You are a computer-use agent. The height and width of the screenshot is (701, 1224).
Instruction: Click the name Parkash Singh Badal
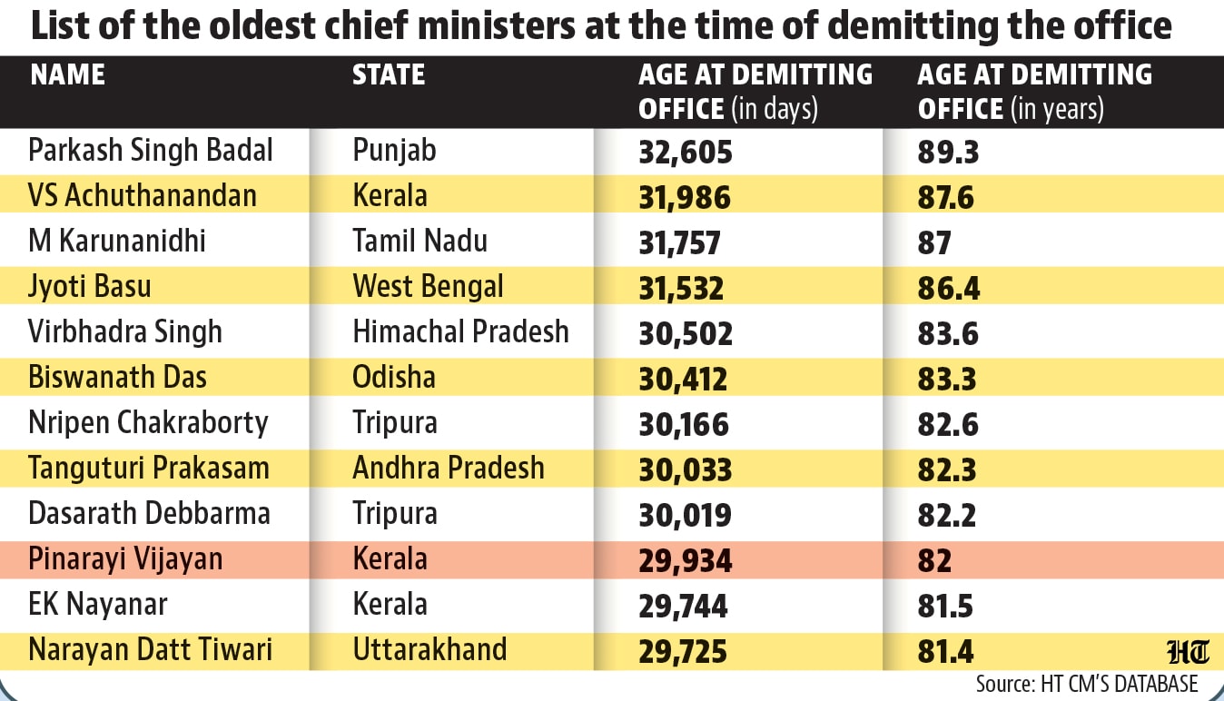click(150, 150)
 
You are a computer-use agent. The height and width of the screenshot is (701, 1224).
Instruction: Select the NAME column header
click(68, 74)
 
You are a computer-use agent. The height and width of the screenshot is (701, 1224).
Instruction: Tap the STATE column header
click(389, 74)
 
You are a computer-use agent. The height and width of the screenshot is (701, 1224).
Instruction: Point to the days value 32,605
click(686, 152)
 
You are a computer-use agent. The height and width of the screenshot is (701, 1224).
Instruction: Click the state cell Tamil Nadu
click(420, 241)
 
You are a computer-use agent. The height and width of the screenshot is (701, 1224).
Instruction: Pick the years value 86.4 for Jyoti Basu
click(949, 288)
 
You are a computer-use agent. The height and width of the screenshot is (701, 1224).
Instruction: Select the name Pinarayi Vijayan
click(125, 559)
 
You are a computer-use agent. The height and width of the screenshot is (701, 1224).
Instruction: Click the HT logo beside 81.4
click(1188, 652)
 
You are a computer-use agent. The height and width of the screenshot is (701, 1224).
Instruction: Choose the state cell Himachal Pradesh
click(460, 331)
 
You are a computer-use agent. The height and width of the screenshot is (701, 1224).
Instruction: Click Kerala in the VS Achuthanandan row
click(390, 195)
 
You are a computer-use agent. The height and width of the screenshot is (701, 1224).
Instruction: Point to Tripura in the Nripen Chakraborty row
click(394, 423)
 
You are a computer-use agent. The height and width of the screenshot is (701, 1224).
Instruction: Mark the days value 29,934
click(686, 560)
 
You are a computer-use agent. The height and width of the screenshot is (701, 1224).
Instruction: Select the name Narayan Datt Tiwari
click(150, 650)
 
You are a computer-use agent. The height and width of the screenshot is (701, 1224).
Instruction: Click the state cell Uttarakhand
click(429, 649)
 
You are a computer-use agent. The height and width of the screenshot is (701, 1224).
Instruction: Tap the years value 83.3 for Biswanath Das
click(946, 379)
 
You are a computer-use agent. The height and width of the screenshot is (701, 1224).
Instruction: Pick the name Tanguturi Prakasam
click(149, 469)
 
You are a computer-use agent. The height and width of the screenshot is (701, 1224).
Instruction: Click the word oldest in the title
click(262, 25)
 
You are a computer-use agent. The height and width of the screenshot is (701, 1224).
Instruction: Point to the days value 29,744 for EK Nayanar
click(683, 606)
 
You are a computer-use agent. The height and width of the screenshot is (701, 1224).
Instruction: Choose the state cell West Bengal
click(428, 286)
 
